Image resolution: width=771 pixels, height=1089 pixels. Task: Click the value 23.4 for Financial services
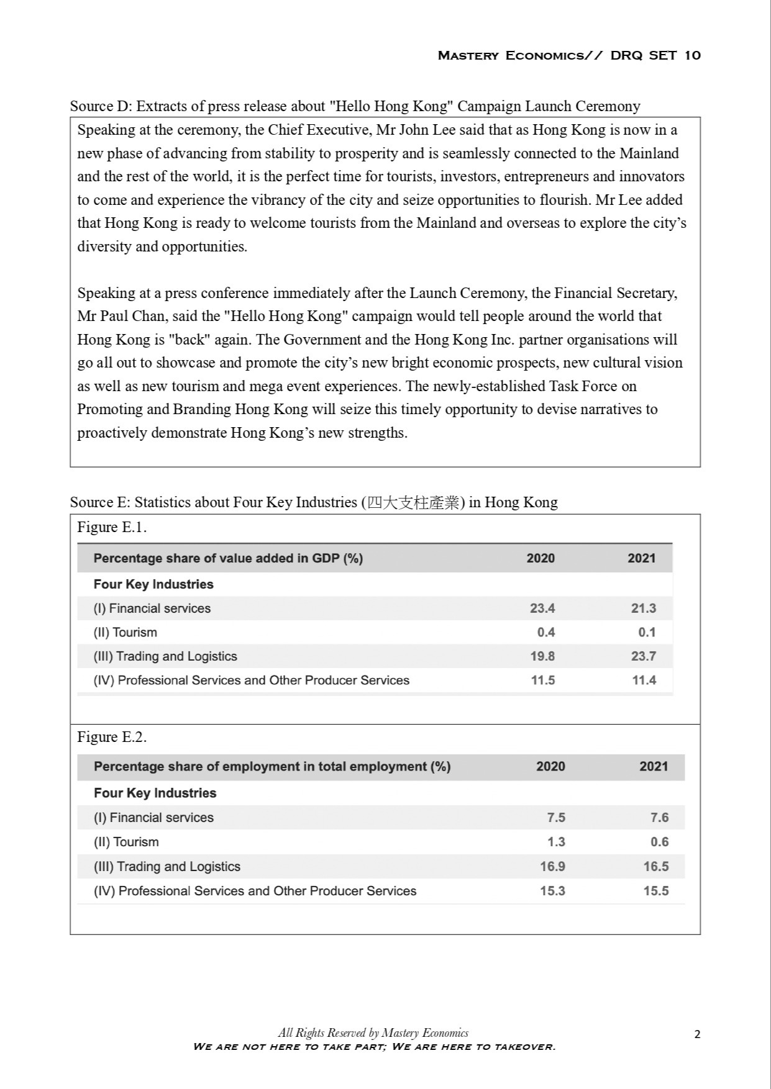click(542, 608)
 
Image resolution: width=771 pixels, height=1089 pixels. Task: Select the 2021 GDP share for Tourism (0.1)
click(646, 633)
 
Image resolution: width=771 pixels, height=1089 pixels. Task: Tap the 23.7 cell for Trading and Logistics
click(644, 656)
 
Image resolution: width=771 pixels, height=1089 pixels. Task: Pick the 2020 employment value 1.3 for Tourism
click(555, 842)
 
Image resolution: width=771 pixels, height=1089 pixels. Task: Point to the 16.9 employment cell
click(552, 867)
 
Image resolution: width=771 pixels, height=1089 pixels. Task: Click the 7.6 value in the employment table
click(659, 818)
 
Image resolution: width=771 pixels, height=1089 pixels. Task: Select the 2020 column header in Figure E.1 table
click(541, 558)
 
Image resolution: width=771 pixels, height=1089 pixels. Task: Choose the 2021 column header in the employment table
click(654, 767)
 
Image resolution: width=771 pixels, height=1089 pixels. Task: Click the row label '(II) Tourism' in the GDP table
click(125, 633)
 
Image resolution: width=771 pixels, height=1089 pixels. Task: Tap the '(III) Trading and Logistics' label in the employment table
click(167, 867)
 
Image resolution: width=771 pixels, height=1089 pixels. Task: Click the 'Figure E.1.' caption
click(112, 527)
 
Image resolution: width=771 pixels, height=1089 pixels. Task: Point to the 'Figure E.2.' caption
click(112, 737)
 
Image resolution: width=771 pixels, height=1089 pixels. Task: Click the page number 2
click(697, 1034)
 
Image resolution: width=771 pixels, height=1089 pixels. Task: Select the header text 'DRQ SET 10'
click(655, 55)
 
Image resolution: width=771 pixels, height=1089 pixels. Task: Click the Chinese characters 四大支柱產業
click(413, 502)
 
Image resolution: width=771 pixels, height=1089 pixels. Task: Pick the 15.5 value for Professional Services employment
click(656, 891)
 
